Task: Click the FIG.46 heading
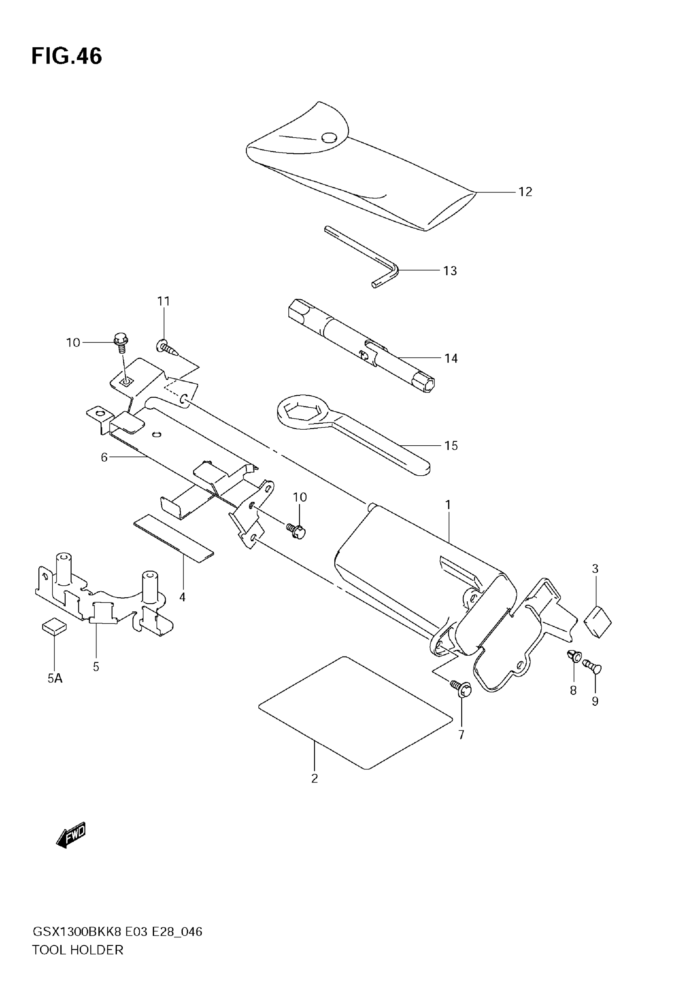67,56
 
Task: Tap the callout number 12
525,192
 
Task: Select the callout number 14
451,358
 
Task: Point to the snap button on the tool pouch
329,138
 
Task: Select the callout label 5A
55,679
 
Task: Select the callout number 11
164,301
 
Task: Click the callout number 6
104,457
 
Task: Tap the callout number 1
448,505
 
